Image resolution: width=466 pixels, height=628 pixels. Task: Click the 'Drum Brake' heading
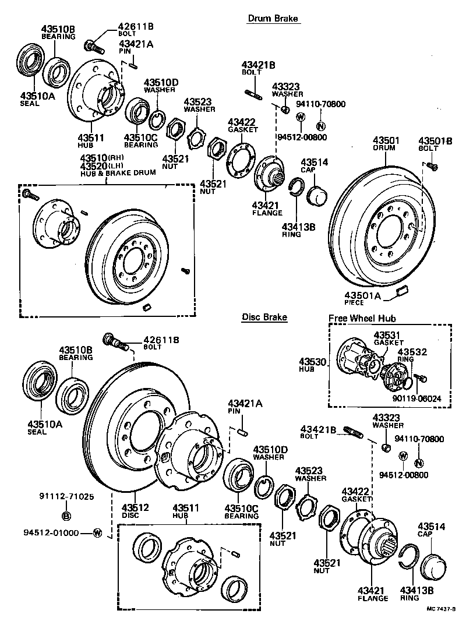pyautogui.click(x=273, y=19)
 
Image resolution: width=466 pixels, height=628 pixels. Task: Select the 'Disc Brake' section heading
pyautogui.click(x=264, y=317)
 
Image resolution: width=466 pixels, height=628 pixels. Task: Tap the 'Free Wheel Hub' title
pyautogui.click(x=362, y=319)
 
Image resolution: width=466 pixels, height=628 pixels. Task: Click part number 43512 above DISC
pyautogui.click(x=136, y=507)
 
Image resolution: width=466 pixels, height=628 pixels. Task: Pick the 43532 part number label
pyautogui.click(x=412, y=352)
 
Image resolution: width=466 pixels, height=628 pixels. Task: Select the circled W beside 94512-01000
pyautogui.click(x=97, y=532)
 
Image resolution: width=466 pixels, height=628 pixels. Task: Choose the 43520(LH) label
pyautogui.click(x=102, y=165)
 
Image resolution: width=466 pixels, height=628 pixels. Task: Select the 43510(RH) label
pyautogui.click(x=102, y=158)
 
